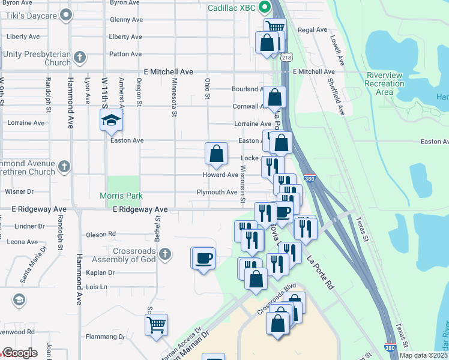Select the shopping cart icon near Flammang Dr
(x=156, y=325)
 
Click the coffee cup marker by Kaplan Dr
(x=203, y=258)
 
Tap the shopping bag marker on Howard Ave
(x=216, y=153)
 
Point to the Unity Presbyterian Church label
(x=37, y=58)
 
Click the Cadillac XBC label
(x=232, y=8)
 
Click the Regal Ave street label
(x=313, y=29)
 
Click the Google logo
(x=20, y=353)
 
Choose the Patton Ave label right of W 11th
(x=125, y=54)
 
